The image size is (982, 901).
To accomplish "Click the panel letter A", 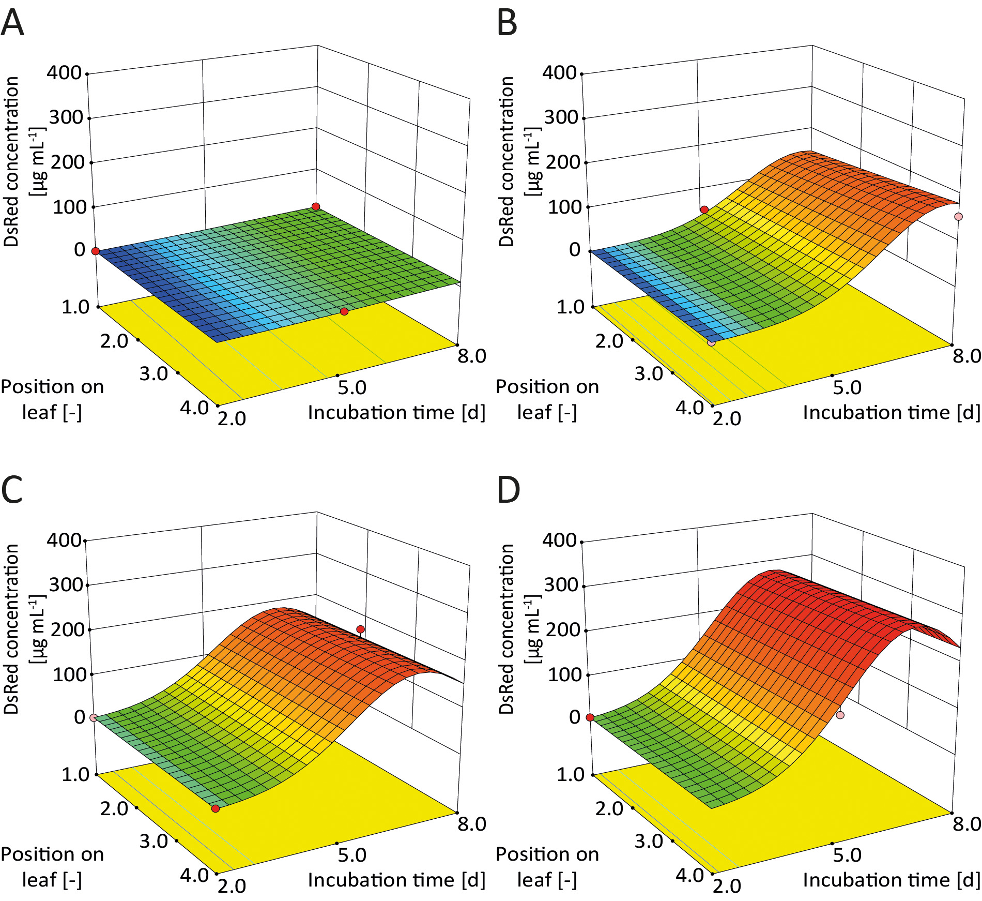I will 12,24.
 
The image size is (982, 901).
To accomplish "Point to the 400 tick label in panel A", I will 64,72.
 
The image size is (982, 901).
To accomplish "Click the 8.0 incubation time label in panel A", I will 472,356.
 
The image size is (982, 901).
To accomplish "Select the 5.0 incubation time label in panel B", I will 847,387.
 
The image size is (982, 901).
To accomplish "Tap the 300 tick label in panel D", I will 561,585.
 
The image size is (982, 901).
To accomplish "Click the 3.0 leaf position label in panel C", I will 154,841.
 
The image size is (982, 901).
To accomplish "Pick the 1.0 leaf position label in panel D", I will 571,774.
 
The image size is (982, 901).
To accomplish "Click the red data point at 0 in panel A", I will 95,251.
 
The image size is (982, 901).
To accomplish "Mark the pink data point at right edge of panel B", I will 959,217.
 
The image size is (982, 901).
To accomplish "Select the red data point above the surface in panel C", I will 360,629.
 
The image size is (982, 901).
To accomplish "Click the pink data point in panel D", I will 840,715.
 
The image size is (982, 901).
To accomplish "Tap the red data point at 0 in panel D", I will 590,718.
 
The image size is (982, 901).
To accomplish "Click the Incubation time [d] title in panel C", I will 396,880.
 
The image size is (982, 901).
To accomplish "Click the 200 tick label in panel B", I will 563,162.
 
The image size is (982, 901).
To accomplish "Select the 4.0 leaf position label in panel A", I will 194,408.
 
